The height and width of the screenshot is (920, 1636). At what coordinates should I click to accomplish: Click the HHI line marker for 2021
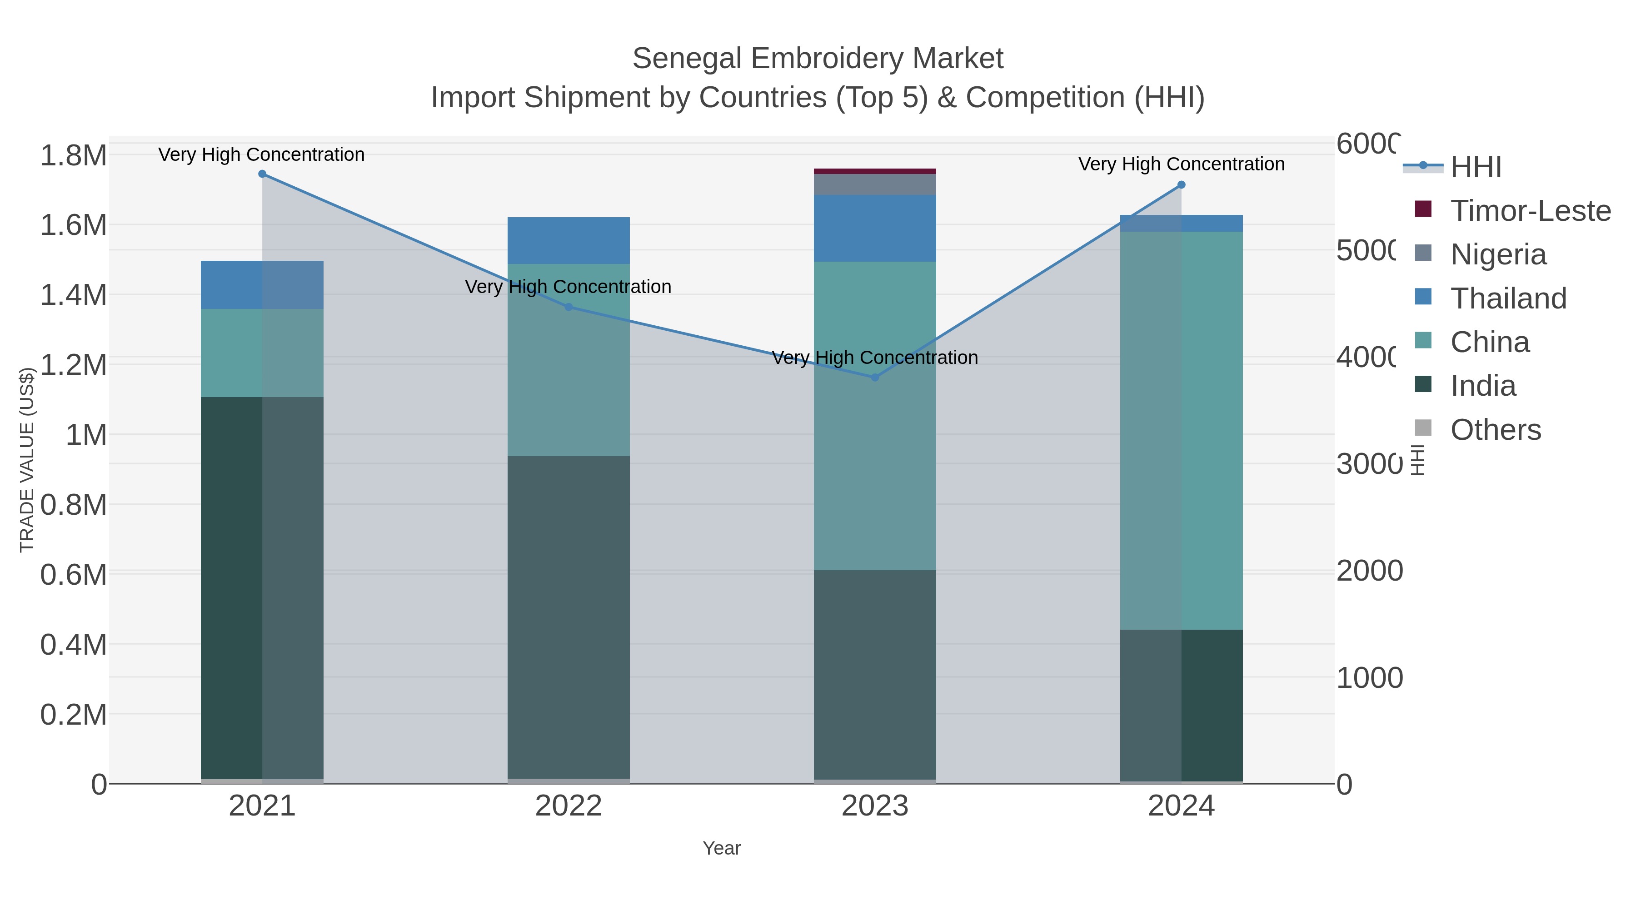pos(262,174)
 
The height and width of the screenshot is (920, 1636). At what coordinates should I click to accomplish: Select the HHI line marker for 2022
pos(569,307)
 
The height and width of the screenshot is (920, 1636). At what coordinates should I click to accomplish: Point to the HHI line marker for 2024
pos(1181,185)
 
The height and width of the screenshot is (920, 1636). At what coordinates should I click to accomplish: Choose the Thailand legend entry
pos(1508,298)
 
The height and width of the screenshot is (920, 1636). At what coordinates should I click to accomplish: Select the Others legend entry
pos(1496,430)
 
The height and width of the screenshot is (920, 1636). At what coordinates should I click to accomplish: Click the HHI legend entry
pos(1475,167)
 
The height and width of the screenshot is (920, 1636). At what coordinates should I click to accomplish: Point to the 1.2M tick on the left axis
pos(74,365)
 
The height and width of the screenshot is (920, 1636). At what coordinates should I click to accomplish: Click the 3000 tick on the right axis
pos(1369,464)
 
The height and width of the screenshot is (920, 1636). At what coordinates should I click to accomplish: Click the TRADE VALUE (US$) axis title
pos(27,460)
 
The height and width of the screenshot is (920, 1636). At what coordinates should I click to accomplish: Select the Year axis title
pos(722,848)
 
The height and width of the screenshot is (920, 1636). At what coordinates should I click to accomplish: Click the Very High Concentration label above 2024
pos(1181,164)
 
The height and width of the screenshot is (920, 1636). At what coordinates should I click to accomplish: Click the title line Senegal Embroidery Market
pos(818,59)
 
